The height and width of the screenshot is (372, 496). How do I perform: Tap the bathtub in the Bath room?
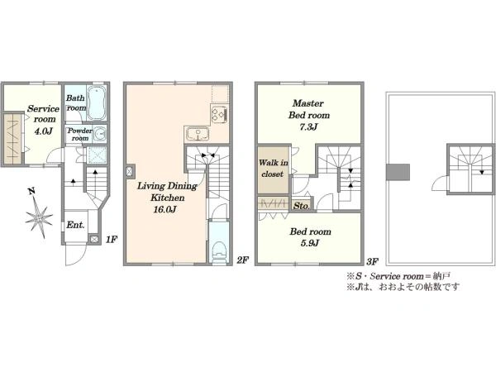(x=96, y=103)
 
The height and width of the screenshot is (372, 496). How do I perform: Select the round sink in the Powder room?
(x=101, y=134)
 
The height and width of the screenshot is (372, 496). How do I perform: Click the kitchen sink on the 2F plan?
(x=198, y=134)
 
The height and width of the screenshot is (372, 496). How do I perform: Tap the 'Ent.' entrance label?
(x=75, y=225)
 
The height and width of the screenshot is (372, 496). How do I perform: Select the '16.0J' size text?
(x=165, y=209)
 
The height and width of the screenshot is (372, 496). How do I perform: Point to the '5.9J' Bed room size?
(x=310, y=243)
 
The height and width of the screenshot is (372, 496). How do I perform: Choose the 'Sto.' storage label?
(x=302, y=206)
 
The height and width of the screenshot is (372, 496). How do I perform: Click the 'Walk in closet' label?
(x=273, y=169)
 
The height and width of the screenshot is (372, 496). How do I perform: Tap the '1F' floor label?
(x=112, y=240)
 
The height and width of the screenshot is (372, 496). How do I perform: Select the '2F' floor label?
(x=242, y=260)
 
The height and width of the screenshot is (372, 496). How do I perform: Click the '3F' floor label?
(x=372, y=261)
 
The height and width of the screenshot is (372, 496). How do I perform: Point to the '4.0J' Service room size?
(x=43, y=131)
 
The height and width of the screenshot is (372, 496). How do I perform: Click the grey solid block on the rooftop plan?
(x=398, y=172)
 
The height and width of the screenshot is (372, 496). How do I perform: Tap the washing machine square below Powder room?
(x=96, y=155)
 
